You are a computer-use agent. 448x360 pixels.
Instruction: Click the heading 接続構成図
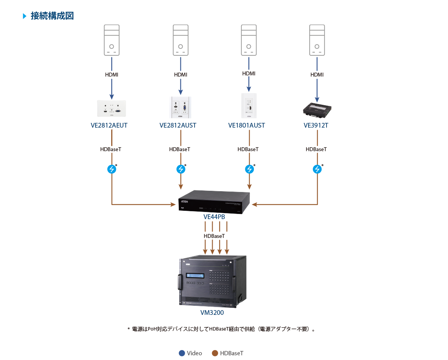click(52, 16)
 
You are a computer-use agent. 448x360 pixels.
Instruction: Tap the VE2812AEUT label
click(109, 126)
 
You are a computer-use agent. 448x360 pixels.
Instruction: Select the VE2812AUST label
click(178, 126)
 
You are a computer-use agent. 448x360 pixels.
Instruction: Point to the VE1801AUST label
click(246, 126)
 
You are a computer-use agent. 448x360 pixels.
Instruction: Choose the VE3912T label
click(316, 126)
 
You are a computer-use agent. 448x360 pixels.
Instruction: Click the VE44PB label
click(214, 217)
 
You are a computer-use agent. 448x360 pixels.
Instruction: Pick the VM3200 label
click(212, 313)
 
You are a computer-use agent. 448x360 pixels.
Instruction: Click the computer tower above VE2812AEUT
click(112, 40)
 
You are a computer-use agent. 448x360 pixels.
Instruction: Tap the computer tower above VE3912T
click(317, 40)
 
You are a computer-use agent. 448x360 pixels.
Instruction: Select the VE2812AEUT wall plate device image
click(112, 109)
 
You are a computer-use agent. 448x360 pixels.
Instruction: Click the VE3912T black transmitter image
click(318, 110)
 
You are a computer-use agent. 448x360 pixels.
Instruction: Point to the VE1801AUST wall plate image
click(249, 106)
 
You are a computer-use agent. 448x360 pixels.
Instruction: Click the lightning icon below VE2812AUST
click(180, 169)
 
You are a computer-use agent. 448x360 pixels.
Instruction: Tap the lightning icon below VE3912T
click(317, 169)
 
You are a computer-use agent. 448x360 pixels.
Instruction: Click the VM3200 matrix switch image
click(212, 281)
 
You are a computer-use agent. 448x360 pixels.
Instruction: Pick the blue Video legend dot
click(182, 353)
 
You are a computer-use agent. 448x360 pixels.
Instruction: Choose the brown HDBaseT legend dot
click(215, 353)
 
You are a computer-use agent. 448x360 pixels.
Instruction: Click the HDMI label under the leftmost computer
click(112, 75)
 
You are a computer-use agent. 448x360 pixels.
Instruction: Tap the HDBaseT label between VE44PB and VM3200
click(214, 236)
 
